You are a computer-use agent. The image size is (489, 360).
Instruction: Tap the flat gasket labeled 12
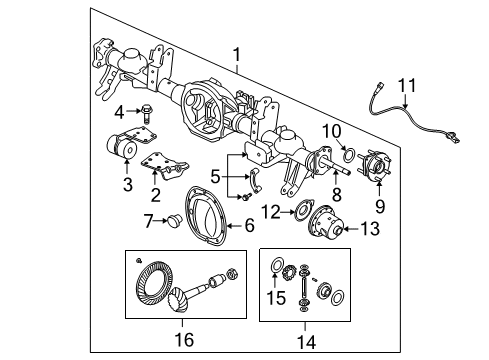point(299,211)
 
